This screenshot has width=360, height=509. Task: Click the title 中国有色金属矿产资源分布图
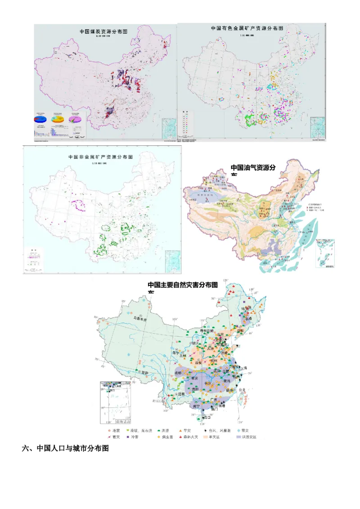coord(247,28)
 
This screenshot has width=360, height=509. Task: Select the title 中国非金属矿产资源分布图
coord(100,157)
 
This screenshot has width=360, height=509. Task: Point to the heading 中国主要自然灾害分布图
coord(183,285)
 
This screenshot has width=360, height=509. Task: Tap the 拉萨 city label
coord(144,373)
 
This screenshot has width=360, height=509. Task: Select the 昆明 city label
coord(181,394)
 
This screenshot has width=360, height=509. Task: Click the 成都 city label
coord(179,373)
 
